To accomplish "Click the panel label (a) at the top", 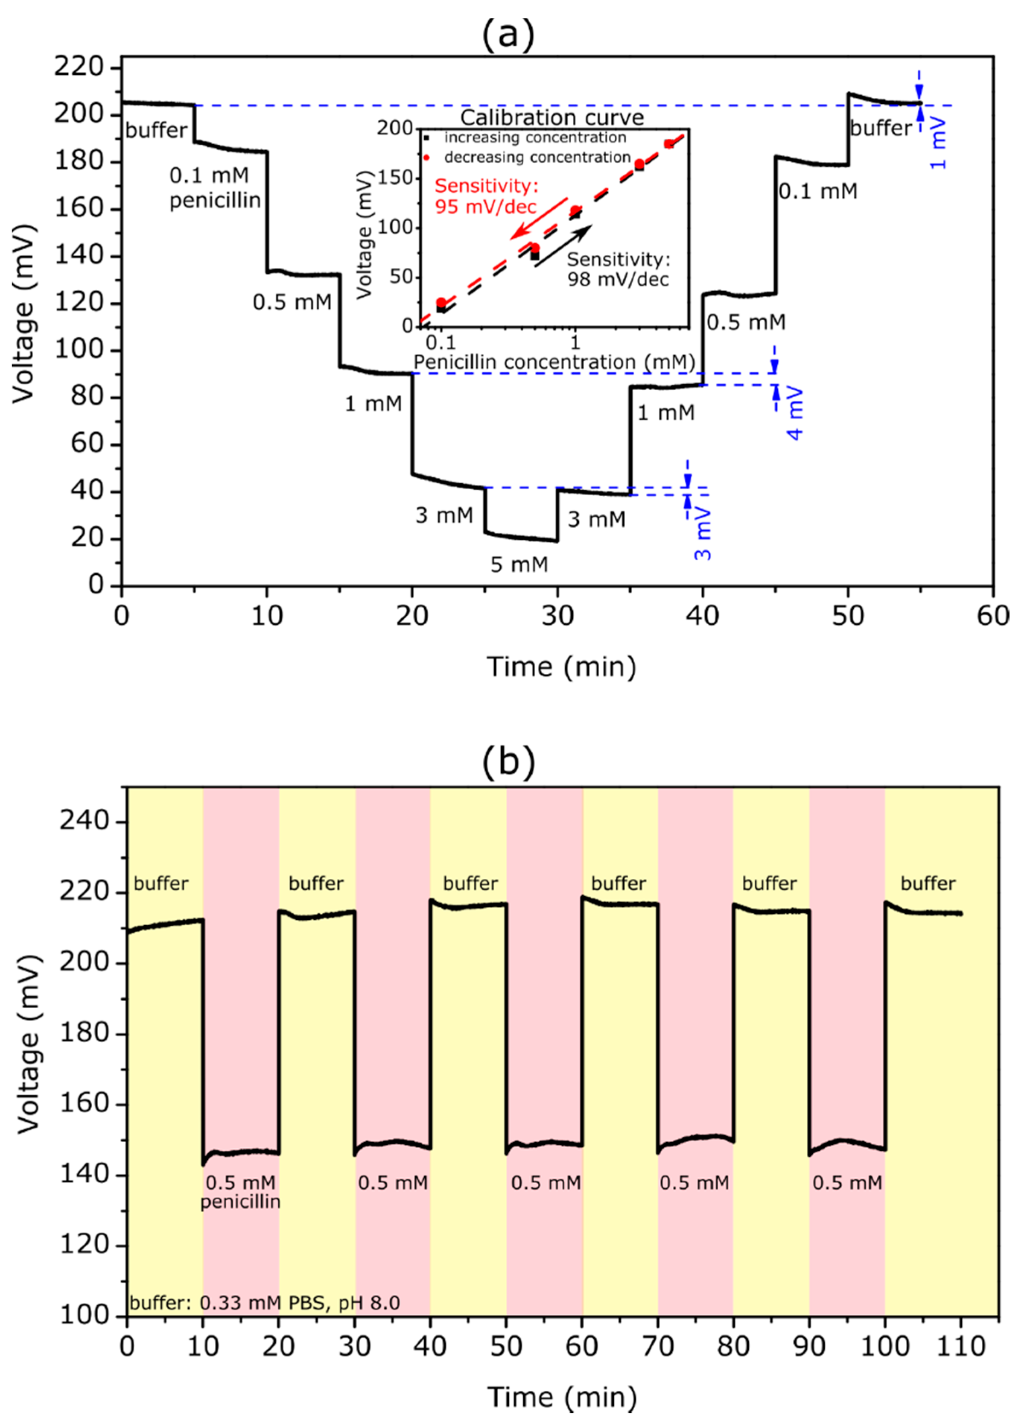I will [x=508, y=35].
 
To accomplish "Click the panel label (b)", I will [x=508, y=761].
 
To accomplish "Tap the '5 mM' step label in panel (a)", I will [x=519, y=565].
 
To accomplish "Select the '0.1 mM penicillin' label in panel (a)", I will [x=214, y=187].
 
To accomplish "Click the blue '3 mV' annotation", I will [x=703, y=534].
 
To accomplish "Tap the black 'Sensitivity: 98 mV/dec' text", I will [x=619, y=269].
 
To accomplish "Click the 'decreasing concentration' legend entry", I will [x=536, y=157].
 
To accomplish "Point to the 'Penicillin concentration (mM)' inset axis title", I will [x=554, y=362].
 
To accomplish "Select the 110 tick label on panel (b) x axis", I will [x=960, y=1346].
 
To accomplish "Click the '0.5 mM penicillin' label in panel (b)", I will [x=240, y=1192].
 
